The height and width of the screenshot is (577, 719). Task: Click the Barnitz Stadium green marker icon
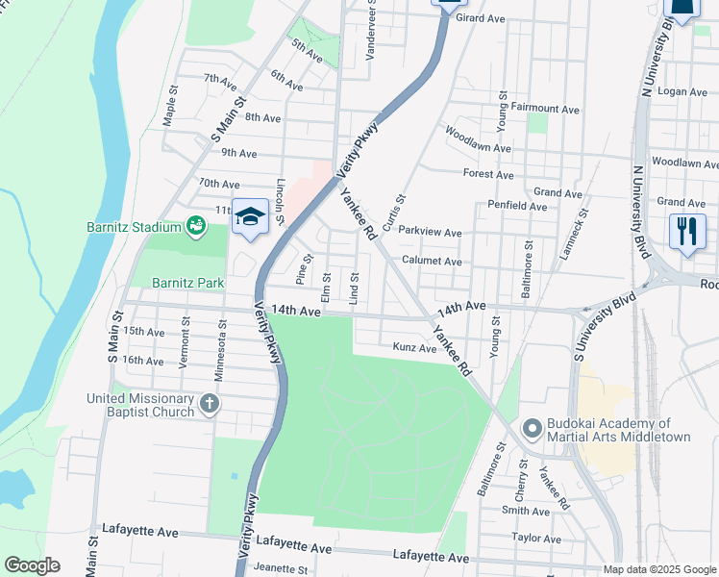[196, 226]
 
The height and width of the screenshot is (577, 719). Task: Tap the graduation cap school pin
[250, 218]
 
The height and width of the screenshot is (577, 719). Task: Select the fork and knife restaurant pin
[687, 232]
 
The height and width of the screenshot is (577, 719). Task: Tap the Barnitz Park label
[188, 283]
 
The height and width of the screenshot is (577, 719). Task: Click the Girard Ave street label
[481, 18]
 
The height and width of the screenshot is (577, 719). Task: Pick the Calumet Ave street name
[432, 262]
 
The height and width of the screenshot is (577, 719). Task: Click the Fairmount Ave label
[545, 110]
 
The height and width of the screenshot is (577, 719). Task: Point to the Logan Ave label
[682, 91]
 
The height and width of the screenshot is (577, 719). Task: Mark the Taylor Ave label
[535, 538]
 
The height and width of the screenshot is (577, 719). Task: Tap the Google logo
[32, 565]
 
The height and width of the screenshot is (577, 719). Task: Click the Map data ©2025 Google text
[659, 569]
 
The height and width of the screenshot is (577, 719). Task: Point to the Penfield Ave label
[517, 206]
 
